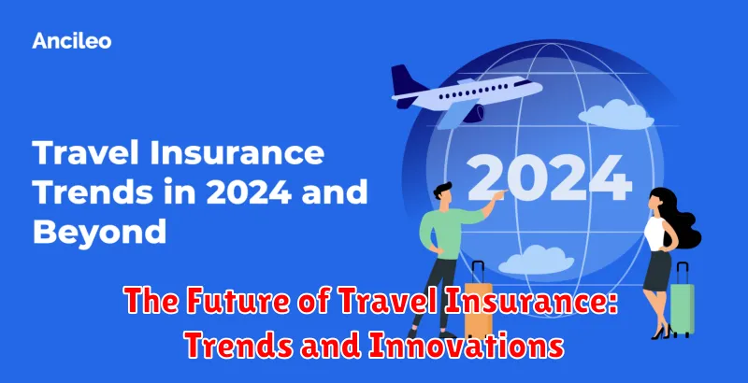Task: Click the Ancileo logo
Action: [x=72, y=41]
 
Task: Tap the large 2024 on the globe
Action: [x=549, y=178]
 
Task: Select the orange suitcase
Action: [x=478, y=301]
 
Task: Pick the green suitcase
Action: [x=683, y=300]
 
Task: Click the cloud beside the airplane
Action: [x=616, y=115]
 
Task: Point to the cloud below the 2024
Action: [x=536, y=260]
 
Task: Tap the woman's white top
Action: [x=654, y=233]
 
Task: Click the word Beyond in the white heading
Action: [x=100, y=232]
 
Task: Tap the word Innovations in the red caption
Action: [x=465, y=347]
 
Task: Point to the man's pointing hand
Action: [x=498, y=194]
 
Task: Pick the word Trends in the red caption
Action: [x=239, y=347]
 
